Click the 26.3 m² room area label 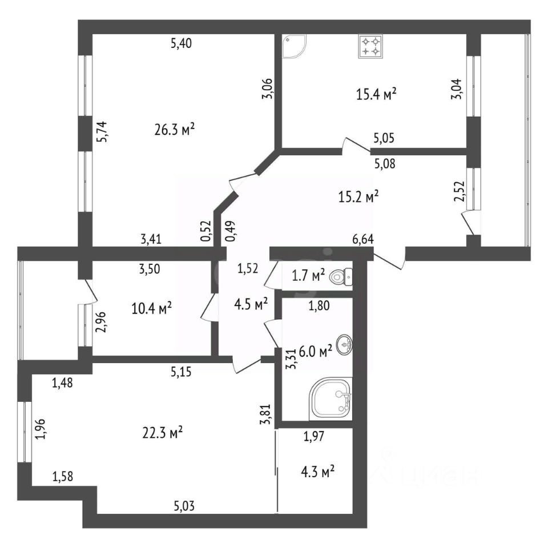click(x=175, y=130)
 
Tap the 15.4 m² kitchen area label click(x=376, y=95)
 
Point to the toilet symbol click(x=341, y=277)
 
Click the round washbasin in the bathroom click(x=345, y=345)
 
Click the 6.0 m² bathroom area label click(x=316, y=353)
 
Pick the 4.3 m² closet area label click(x=317, y=473)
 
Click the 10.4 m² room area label click(x=152, y=309)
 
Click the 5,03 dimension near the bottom click(x=184, y=504)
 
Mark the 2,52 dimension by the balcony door click(x=458, y=191)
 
